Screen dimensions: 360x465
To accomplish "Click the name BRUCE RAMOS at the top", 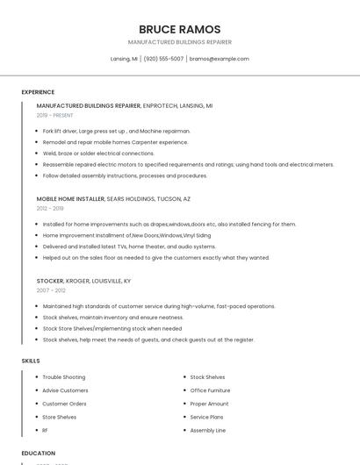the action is click(179, 29).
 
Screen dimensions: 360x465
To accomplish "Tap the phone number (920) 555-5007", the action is click(163, 59).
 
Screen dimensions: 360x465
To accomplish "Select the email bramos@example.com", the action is click(220, 59).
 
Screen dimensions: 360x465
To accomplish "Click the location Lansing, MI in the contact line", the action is click(124, 59).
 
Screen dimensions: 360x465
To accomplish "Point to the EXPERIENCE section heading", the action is click(38, 92).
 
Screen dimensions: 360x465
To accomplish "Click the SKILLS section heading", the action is click(31, 361).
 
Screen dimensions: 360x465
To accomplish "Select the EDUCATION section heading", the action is click(39, 453).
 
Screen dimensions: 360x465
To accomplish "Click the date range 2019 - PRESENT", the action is click(55, 115).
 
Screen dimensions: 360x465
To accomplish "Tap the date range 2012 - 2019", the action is click(50, 208).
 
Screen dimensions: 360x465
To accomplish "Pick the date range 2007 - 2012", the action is click(51, 290).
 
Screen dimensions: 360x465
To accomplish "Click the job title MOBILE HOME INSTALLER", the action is click(70, 199).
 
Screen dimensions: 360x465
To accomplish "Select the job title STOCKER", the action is click(51, 281).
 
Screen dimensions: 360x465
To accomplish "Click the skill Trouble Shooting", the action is click(64, 377).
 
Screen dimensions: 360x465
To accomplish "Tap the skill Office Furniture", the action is click(210, 390).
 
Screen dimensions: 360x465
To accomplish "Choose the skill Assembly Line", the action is click(208, 431).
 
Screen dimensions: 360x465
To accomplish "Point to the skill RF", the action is click(46, 431).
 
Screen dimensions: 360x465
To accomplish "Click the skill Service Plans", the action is click(206, 418).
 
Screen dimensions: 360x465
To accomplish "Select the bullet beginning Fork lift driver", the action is click(116, 131).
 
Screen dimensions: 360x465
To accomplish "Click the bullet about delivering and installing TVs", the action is click(129, 247).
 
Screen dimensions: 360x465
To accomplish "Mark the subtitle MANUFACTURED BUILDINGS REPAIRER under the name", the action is click(179, 42).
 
